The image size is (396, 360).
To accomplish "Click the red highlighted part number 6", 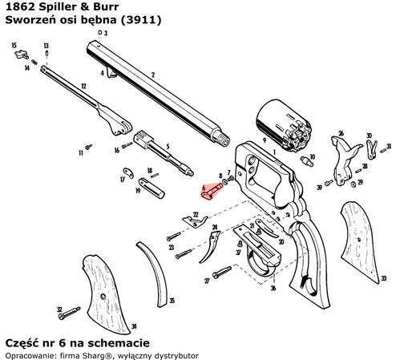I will pos(212,189).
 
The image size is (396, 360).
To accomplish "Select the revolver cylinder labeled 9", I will pos(281,127).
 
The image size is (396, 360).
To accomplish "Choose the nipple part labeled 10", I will pos(305,160).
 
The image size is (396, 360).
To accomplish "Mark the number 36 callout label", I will pos(273,288).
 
